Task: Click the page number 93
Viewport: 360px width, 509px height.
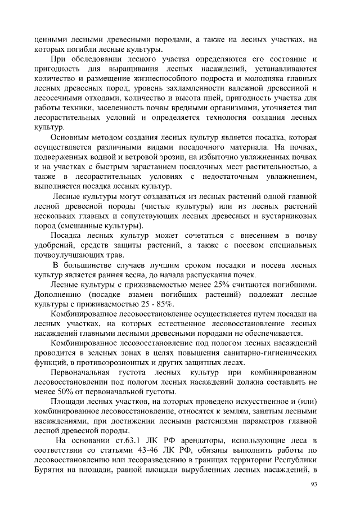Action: [x=314, y=484]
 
